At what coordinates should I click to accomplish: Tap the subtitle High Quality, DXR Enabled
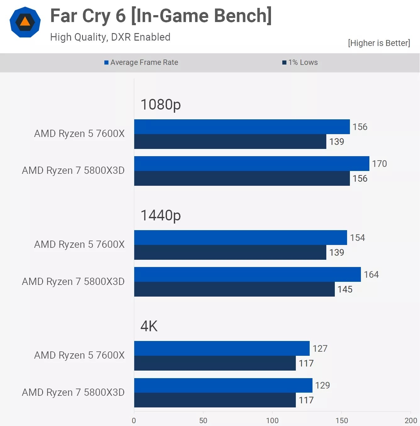coord(110,37)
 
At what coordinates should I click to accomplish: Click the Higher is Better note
coord(379,43)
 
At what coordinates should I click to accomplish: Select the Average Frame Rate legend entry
coord(141,62)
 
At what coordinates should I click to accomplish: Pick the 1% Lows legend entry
coord(300,62)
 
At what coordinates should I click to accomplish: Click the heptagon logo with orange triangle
coord(25,22)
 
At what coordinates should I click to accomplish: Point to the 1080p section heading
coord(160,105)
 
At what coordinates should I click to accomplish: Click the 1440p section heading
coord(160,215)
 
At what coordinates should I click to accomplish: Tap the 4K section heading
coord(149,326)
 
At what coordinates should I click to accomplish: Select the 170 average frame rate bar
coord(251,163)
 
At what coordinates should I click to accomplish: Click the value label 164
coord(371,275)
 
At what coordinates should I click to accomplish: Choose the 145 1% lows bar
coord(234,289)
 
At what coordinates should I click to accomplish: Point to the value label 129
coord(323,385)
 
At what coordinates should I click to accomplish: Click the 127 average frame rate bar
coord(222,348)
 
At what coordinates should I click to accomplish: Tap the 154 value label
coord(357,238)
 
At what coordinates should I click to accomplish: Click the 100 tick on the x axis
coord(272,420)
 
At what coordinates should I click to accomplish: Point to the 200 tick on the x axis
coord(411,420)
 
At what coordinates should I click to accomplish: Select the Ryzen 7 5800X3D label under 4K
coord(73,392)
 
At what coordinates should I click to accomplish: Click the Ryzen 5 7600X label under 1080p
coord(79,133)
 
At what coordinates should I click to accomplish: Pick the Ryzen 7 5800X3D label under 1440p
coord(73,281)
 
